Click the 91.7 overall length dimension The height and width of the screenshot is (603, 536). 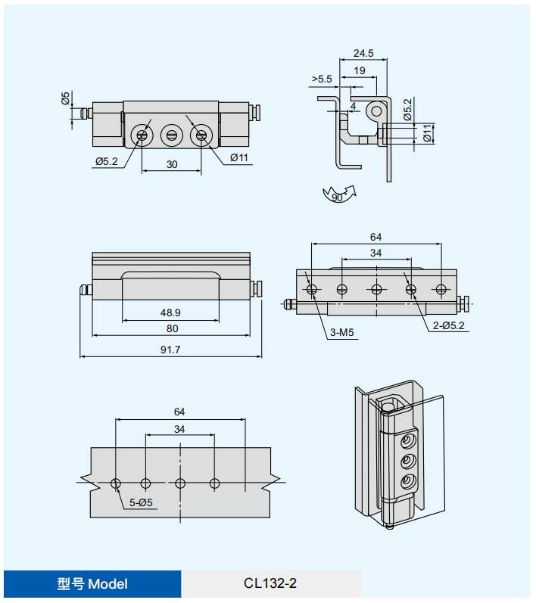(170, 350)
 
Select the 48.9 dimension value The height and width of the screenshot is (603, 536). (170, 312)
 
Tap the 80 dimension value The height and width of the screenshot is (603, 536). (172, 328)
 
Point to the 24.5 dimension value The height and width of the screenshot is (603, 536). (363, 53)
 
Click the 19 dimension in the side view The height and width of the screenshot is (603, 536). (360, 70)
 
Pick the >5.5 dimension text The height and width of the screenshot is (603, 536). (322, 79)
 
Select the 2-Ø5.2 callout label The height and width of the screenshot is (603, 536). (449, 325)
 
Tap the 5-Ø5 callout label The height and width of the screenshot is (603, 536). (141, 502)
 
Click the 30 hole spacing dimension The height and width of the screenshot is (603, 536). (172, 164)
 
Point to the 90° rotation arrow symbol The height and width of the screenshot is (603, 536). (338, 194)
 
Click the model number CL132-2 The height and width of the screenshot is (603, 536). (270, 583)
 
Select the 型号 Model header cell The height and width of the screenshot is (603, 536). (92, 583)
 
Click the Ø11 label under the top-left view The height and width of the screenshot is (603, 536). (240, 157)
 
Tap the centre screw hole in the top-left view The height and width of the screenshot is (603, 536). (171, 136)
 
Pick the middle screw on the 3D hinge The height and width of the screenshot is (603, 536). (407, 461)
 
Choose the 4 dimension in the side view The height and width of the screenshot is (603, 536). (353, 106)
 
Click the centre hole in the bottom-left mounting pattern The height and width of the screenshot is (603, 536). (179, 483)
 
